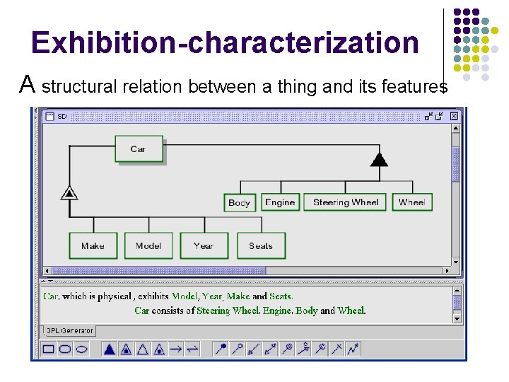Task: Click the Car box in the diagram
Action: coord(139,149)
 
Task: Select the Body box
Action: coord(240,202)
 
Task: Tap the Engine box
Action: coord(280,202)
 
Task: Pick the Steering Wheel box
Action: coord(346,202)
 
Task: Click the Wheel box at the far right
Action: coord(411,202)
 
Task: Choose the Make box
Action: coord(93,245)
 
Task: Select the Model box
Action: coord(148,245)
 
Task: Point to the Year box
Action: coord(204,245)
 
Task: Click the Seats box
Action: coord(261,245)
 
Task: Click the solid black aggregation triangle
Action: coord(380,159)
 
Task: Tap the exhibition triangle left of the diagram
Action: coord(69,192)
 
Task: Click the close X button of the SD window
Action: coord(454,116)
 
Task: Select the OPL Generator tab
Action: coord(69,330)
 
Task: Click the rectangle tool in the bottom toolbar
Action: coord(49,349)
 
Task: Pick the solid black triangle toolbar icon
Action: coord(109,349)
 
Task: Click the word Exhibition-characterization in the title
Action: coord(226,42)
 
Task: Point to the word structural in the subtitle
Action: coord(79,87)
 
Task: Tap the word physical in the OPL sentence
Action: coord(112,296)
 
